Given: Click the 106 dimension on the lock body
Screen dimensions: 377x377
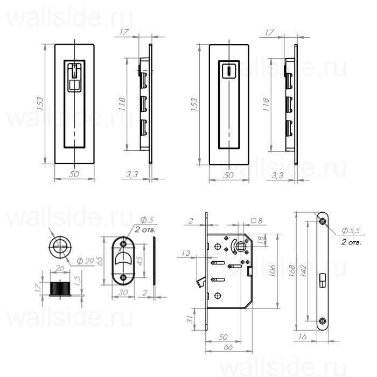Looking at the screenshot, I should (x=274, y=268).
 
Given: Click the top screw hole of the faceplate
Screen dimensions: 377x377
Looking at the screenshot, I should (x=322, y=221).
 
